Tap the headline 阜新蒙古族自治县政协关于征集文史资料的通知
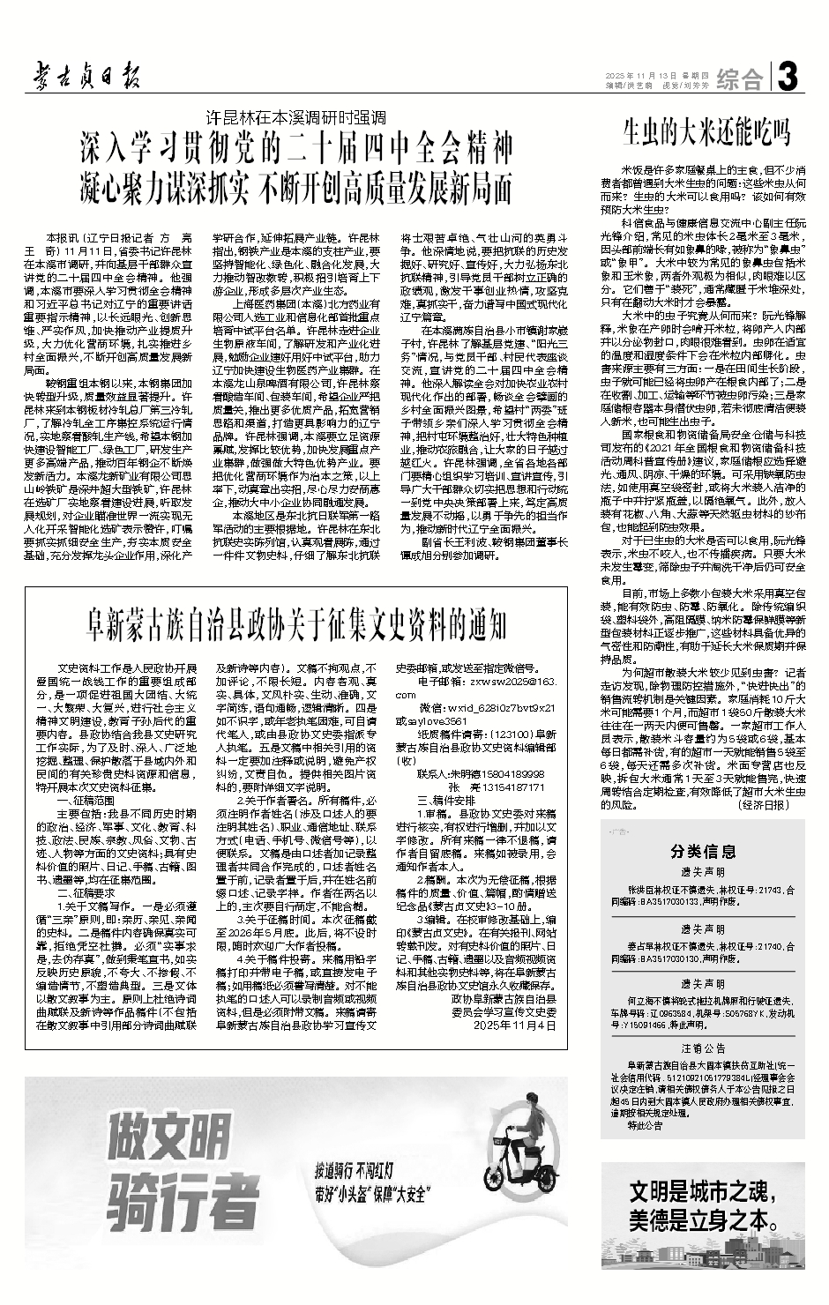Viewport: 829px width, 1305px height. coord(295,624)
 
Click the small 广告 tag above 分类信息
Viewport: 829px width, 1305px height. coord(616,831)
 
